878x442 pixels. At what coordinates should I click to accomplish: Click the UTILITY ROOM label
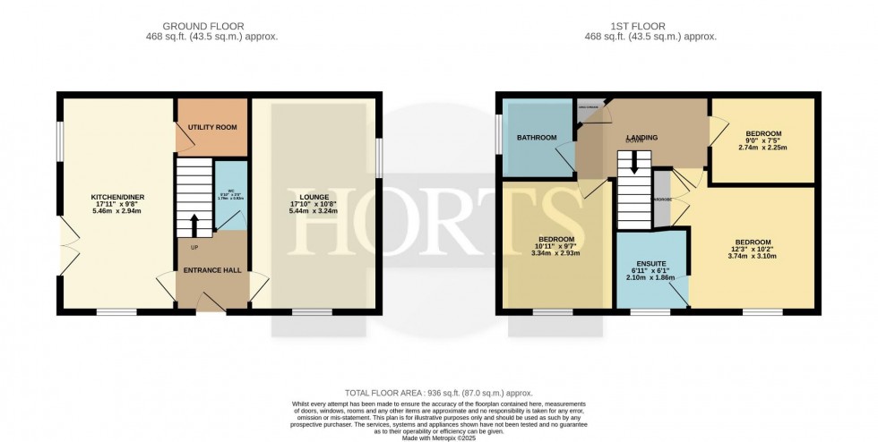(212, 127)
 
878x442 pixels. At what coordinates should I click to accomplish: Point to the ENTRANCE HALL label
(213, 269)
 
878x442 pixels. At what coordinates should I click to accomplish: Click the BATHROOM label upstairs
(537, 138)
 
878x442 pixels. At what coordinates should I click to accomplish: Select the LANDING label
(641, 138)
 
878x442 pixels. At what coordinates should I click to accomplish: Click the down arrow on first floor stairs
(635, 164)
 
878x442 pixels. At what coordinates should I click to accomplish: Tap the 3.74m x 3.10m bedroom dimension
(752, 256)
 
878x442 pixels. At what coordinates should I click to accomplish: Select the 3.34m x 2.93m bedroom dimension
(556, 253)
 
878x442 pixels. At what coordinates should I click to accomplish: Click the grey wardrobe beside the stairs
(662, 198)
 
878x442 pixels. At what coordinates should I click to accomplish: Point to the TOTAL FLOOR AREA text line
(438, 393)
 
